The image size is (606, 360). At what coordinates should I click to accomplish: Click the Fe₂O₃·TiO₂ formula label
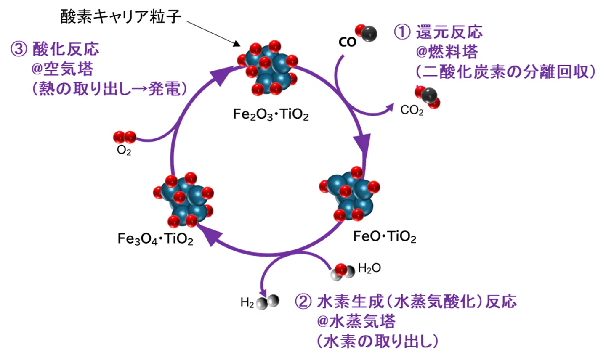(271, 114)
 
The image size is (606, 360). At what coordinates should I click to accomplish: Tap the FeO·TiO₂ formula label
(384, 236)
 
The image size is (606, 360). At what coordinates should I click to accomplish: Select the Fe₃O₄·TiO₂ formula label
(155, 239)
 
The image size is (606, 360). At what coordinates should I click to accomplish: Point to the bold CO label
(347, 42)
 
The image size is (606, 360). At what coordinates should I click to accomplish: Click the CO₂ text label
(412, 111)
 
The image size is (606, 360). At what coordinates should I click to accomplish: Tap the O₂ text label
(124, 150)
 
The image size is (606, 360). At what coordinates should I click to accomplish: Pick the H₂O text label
(369, 268)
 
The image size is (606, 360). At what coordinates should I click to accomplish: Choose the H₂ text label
(247, 302)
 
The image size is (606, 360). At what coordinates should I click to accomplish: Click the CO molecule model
(366, 33)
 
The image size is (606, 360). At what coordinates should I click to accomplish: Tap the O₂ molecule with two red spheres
(125, 137)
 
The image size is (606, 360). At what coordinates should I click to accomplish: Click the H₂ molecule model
(268, 302)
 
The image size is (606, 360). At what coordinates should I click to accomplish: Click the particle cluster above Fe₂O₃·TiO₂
(268, 68)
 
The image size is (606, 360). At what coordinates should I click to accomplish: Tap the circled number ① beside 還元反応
(401, 32)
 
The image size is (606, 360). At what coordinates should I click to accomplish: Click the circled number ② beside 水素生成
(303, 302)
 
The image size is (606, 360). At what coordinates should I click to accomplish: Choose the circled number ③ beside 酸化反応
(19, 49)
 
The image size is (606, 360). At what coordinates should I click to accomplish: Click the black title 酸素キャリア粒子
(121, 17)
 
